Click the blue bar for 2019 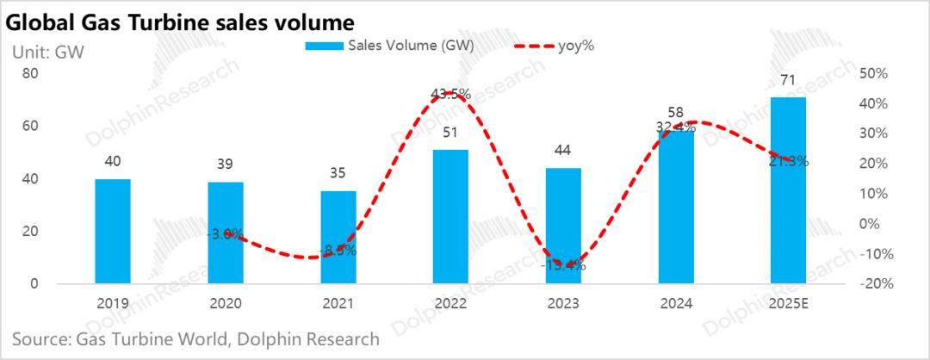112,231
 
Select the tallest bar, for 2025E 788,190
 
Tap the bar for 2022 450,216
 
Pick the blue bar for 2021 338,237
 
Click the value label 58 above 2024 675,113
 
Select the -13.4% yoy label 563,265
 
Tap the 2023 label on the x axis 562,303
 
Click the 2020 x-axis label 225,303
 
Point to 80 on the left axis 30,74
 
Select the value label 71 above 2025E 787,80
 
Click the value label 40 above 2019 112,161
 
